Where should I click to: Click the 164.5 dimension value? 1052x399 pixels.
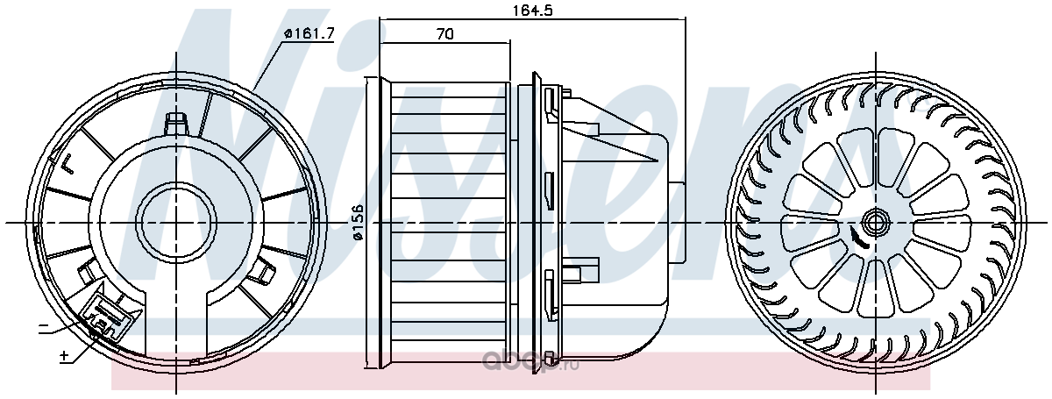[531, 10]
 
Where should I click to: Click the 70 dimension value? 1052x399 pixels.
[444, 34]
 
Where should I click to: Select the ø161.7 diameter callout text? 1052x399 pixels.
[309, 33]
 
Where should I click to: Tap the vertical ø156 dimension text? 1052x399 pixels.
[359, 222]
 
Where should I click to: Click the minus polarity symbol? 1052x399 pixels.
[43, 325]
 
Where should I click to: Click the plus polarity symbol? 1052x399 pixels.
[64, 356]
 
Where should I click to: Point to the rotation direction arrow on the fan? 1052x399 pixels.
[857, 238]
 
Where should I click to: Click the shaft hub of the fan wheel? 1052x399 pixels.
[876, 221]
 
